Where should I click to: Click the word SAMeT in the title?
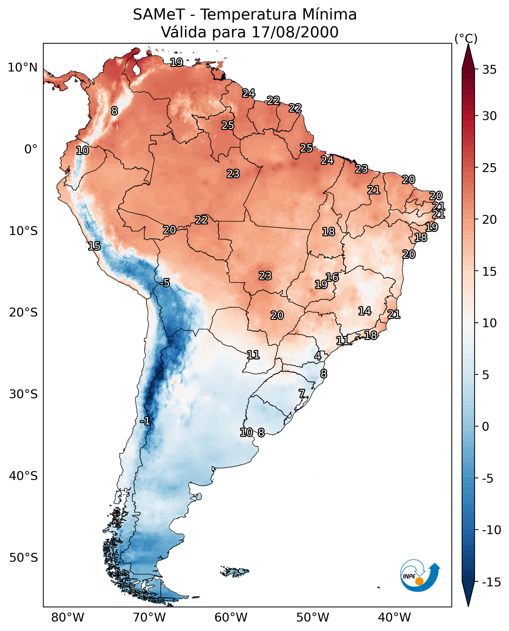tap(159, 15)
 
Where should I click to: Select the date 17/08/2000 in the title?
tap(295, 32)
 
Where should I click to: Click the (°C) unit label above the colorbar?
tap(466, 39)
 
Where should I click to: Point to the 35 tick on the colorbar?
tap(489, 70)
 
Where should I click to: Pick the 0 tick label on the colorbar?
tap(486, 427)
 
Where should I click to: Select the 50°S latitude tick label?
tap(23, 557)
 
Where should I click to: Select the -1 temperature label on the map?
tap(145, 421)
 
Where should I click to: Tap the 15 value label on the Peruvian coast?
tap(94, 246)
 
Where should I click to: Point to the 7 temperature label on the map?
tap(302, 394)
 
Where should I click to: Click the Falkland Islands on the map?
tap(234, 571)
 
